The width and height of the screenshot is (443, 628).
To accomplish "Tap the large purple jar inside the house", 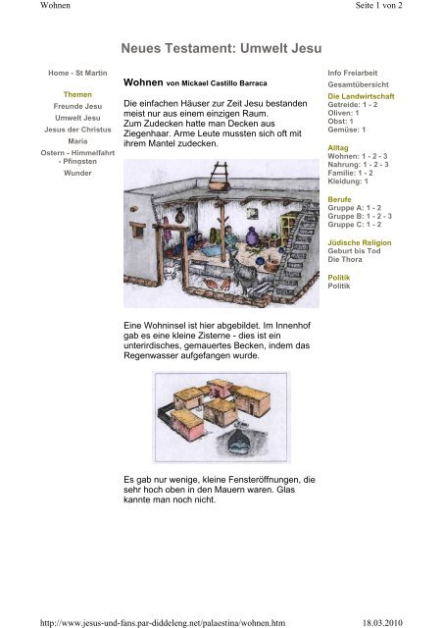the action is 252,236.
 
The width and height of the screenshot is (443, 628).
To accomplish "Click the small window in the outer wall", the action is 137,230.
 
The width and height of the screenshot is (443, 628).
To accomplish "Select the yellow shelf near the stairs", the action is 288,229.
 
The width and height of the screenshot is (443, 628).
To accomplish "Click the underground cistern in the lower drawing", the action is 240,443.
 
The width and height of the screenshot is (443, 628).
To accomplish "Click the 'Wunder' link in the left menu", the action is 77,173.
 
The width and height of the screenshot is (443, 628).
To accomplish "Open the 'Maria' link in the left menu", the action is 77,141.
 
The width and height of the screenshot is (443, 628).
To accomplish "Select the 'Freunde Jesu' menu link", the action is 77,106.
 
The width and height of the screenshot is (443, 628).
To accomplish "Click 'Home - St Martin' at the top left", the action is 77,73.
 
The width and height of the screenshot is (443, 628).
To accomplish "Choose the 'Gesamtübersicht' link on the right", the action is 358,84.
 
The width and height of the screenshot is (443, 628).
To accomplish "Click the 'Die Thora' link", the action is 345,259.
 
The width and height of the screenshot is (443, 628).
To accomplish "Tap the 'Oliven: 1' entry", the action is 343,113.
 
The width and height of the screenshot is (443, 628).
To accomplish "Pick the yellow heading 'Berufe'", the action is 339,199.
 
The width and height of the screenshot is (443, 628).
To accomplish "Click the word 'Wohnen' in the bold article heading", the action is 143,82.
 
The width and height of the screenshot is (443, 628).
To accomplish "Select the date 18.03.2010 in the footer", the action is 382,623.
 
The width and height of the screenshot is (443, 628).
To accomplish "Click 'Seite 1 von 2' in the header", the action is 378,5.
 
